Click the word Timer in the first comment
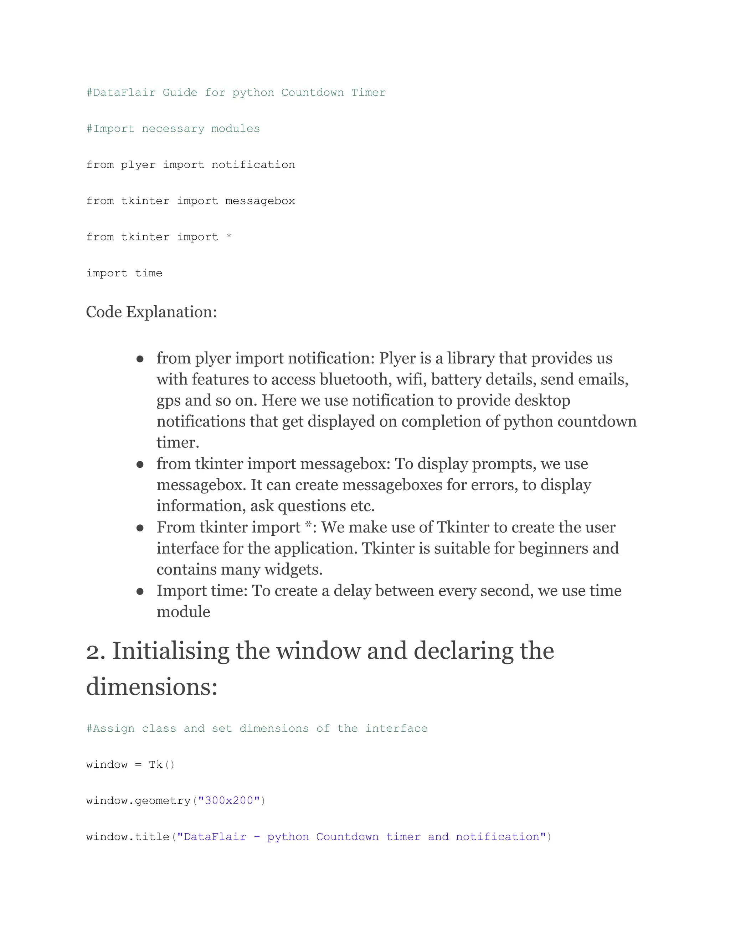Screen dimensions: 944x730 click(x=368, y=93)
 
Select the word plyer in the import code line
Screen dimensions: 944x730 click(x=138, y=165)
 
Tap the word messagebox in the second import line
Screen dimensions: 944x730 click(x=260, y=201)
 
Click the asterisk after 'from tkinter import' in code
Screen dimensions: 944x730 click(x=229, y=237)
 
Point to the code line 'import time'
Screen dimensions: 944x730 click(x=124, y=273)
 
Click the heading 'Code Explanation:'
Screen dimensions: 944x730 click(x=151, y=312)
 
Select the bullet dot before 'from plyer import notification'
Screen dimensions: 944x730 click(x=140, y=359)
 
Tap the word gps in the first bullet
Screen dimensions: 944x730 click(x=168, y=401)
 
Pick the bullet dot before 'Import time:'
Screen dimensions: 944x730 click(x=140, y=592)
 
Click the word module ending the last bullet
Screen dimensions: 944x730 click(x=183, y=612)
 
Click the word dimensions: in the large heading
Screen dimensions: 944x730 click(x=152, y=687)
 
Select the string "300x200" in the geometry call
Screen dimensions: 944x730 click(x=229, y=800)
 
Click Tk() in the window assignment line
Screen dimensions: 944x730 click(x=161, y=764)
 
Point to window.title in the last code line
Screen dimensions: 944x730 click(x=128, y=837)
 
